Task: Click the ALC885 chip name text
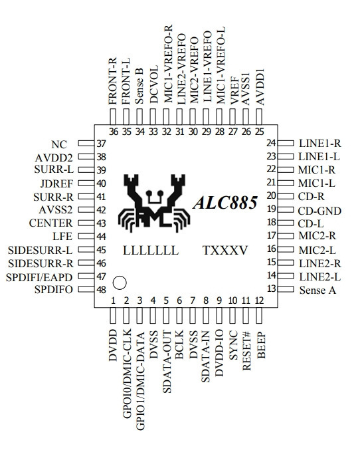point(225,203)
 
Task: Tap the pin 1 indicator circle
point(120,283)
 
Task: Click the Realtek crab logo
point(154,203)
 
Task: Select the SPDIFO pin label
point(54,289)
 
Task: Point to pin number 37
point(101,144)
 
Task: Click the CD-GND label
point(319,211)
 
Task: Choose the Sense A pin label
point(317,290)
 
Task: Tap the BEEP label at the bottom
point(261,346)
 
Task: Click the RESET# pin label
point(246,351)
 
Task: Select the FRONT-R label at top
point(113,81)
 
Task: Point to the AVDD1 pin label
point(260,86)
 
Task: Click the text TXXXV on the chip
point(225,251)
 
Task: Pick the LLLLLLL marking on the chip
point(151,251)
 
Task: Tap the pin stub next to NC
point(86,143)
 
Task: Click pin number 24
point(271,143)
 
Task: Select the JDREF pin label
point(56,183)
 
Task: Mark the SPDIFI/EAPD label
point(39,277)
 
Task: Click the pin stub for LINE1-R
point(286,143)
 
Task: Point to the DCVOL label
point(154,84)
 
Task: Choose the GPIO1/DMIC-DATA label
point(140,381)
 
